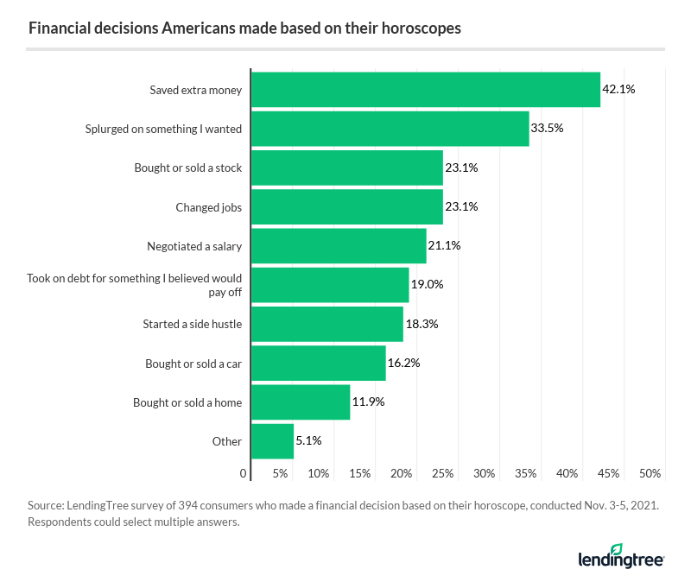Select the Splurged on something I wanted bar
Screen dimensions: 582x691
(390, 129)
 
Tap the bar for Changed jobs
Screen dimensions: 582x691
(346, 206)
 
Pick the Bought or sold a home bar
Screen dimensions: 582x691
(300, 402)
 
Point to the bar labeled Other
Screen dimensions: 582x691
(272, 441)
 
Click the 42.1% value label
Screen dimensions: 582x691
(618, 90)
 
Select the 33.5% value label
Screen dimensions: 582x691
(548, 129)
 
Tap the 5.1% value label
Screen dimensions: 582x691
(308, 441)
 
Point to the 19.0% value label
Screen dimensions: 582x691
(427, 285)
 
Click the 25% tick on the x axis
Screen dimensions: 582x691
(442, 474)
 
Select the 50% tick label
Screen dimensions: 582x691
(650, 474)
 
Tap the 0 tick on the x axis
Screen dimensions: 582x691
(243, 474)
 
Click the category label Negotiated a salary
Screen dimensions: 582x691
(194, 246)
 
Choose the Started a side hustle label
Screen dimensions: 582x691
(192, 325)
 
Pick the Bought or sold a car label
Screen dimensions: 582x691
(193, 364)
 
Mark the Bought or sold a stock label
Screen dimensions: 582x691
(188, 168)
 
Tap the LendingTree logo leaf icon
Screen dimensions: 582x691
(616, 550)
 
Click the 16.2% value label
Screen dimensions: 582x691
(403, 364)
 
